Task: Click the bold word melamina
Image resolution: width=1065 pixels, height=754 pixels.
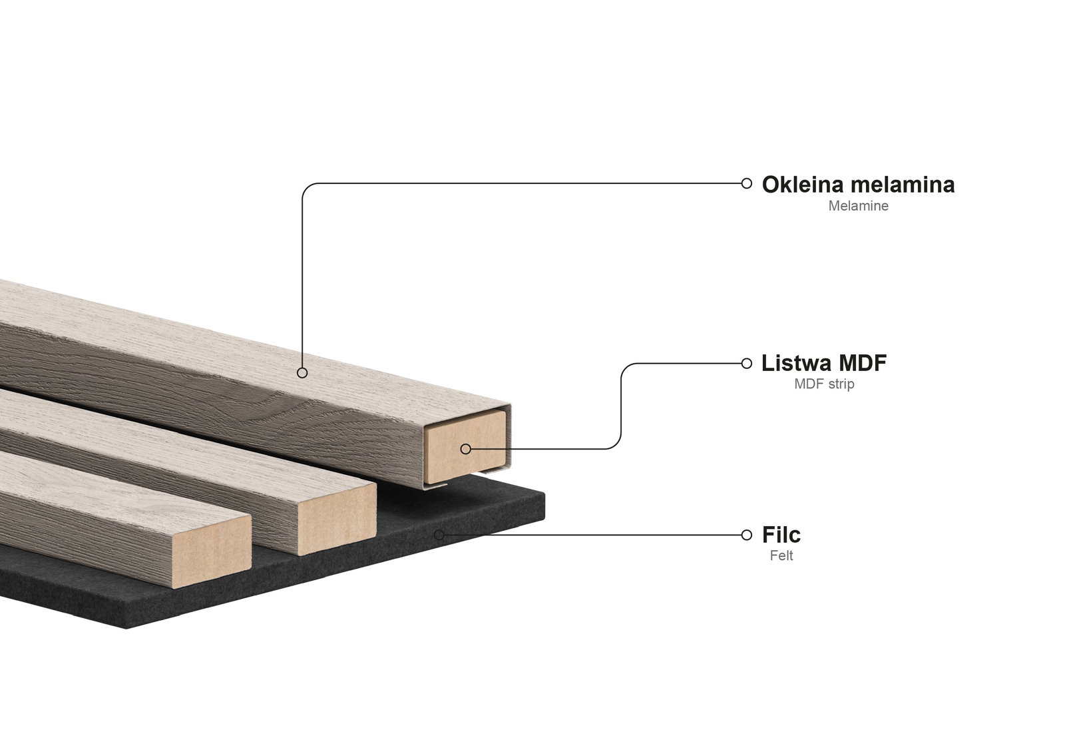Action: coord(901,185)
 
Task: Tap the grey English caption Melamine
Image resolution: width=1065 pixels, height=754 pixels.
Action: coord(858,206)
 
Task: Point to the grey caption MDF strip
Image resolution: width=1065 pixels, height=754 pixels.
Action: coord(824,384)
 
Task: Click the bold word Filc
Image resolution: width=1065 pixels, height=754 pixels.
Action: coord(781,535)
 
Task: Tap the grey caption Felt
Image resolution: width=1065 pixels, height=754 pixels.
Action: coord(781,556)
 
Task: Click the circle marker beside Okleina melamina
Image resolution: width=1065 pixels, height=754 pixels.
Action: coord(746,183)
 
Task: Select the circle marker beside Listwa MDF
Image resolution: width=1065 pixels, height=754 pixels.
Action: coord(746,364)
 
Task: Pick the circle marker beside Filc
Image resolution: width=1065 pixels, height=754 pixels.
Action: coord(746,535)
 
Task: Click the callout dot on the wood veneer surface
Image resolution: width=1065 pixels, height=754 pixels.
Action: coord(302,373)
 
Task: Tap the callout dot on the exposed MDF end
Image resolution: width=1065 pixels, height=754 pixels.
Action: coord(465,449)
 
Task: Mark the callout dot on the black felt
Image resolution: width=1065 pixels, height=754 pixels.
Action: coord(439,535)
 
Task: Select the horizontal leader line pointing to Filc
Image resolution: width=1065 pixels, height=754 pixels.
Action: coord(592,535)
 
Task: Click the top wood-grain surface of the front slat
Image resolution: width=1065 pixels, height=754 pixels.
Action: coord(100,486)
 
